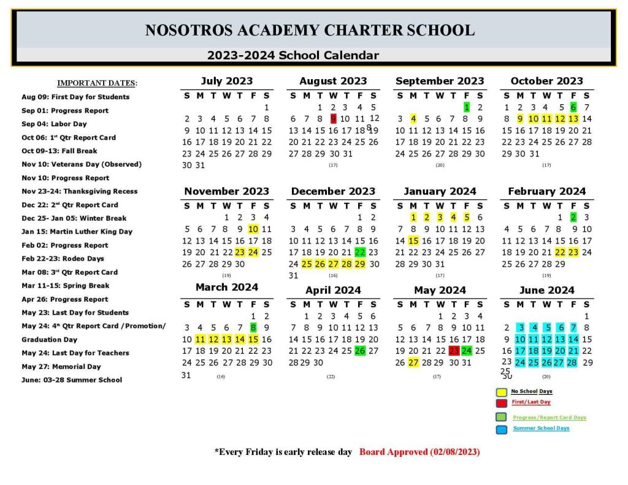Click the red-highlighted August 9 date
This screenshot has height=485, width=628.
point(334,119)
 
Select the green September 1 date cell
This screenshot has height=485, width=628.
point(467,107)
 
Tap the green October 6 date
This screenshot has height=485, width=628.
point(573,107)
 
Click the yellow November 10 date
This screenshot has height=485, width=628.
point(253,229)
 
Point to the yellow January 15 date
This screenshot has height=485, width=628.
point(413,241)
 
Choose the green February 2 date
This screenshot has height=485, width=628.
point(573,217)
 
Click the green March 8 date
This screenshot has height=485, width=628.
point(253,328)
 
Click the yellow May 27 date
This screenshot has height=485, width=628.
point(413,363)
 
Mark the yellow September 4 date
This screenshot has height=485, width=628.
point(413,119)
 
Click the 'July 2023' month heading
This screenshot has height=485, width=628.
point(226,81)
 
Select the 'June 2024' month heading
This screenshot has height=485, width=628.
point(546,290)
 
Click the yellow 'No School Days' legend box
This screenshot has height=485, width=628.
point(501,392)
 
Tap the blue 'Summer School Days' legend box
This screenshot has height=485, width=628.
point(501,429)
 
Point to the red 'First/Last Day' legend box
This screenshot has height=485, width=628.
point(501,403)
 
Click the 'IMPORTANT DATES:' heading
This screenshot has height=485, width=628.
point(98,83)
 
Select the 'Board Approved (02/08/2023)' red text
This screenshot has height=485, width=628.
point(419,452)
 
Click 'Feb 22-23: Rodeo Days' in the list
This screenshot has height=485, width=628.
point(63,259)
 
